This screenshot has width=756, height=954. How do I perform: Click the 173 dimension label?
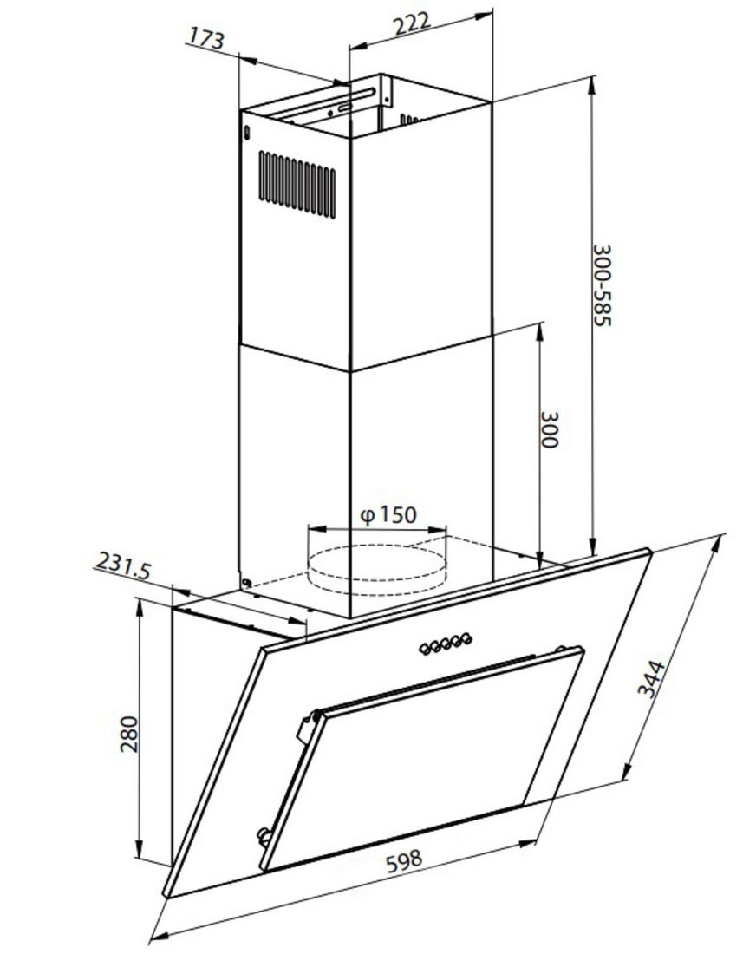pos(206,38)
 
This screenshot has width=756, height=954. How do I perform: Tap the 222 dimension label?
pos(413,23)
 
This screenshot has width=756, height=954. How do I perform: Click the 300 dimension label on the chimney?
pos(549,429)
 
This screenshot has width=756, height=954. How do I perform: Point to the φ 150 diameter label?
pos(388,515)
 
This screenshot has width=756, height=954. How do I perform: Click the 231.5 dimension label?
pos(123,565)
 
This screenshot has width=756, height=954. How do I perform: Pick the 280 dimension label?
pos(129,734)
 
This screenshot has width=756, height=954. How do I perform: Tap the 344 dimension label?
pos(650,678)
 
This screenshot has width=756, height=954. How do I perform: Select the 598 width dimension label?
pos(403,861)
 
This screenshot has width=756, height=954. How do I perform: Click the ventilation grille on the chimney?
pos(297,185)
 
